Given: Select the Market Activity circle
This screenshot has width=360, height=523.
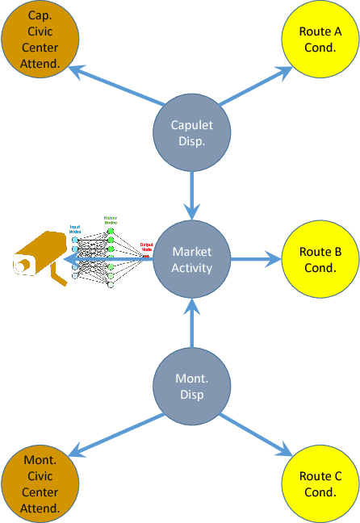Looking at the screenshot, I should (192, 258).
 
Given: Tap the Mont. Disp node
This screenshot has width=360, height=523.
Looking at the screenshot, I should (192, 387).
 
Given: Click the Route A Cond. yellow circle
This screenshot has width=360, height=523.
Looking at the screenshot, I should (320, 39).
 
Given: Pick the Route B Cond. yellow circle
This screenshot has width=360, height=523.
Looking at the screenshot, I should (320, 259).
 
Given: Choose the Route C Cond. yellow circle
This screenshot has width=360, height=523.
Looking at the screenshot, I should (320, 483).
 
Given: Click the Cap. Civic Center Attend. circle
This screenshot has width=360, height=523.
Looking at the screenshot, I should (40, 39).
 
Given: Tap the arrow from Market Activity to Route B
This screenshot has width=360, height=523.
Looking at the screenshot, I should (256, 259).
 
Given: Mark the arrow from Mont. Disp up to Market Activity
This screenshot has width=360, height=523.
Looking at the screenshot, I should (192, 323).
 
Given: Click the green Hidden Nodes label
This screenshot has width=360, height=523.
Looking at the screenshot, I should (111, 220).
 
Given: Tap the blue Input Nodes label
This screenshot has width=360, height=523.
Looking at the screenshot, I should (75, 228).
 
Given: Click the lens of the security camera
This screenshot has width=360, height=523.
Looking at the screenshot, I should (22, 265).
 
